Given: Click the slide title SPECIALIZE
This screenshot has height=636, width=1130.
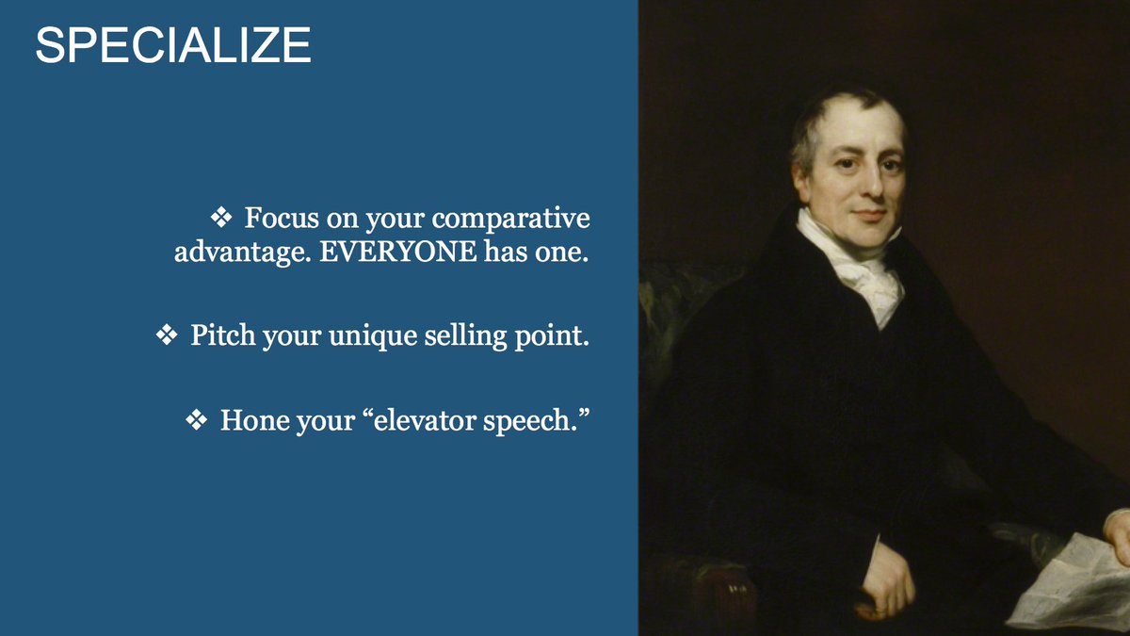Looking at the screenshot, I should click(172, 46).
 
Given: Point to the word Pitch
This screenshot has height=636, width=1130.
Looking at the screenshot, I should click(223, 335).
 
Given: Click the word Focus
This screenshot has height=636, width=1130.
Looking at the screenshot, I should click(280, 219).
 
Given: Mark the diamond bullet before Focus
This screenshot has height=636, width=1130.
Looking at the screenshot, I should click(220, 219).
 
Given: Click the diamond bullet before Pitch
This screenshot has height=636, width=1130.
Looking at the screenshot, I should click(166, 335).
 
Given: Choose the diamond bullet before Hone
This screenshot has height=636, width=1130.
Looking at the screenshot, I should click(196, 419).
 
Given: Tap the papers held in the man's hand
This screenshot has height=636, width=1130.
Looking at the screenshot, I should click(1069, 579).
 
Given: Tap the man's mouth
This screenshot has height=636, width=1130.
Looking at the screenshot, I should click(869, 214).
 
